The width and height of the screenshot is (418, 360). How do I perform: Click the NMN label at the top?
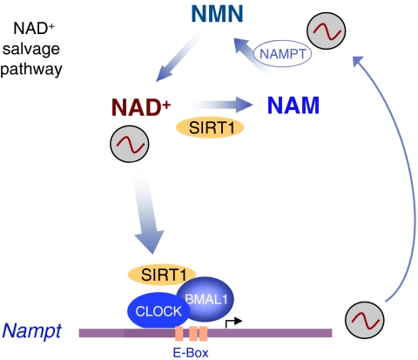tap(217, 14)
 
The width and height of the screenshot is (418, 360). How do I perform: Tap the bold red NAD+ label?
tap(141, 107)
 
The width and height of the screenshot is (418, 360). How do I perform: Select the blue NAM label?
tap(293, 105)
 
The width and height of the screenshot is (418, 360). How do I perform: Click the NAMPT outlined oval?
tap(282, 54)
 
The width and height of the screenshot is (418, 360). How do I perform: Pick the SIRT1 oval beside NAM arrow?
tap(210, 127)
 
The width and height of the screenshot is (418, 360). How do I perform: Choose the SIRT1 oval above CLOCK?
tap(162, 275)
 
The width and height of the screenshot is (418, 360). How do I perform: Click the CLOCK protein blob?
tap(158, 311)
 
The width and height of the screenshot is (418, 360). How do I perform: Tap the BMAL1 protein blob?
tap(206, 299)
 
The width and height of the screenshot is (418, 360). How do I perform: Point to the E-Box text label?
tap(191, 353)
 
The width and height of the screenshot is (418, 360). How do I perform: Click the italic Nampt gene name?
tap(31, 330)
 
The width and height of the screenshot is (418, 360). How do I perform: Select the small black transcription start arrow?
tap(233, 323)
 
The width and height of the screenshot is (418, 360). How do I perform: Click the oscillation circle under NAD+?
tap(130, 144)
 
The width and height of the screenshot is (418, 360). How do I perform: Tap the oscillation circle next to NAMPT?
tap(327, 31)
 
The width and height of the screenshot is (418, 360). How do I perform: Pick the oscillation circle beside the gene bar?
tap(365, 320)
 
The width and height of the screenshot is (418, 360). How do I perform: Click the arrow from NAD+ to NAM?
tap(220, 105)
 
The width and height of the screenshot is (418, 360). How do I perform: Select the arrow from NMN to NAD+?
tap(178, 58)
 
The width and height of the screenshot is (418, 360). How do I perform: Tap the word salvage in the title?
tap(31, 50)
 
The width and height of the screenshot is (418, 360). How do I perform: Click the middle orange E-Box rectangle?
tap(193, 333)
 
